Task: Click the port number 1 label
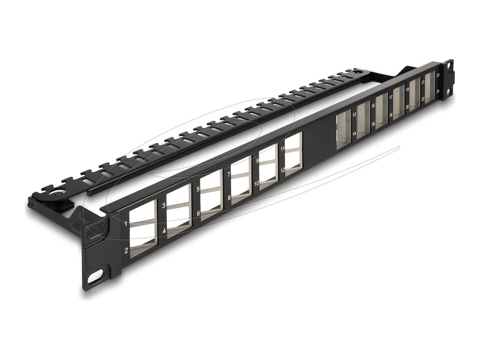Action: pyautogui.click(x=126, y=224)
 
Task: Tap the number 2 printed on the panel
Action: pyautogui.click(x=126, y=251)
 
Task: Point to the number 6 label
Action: pyautogui.click(x=198, y=214)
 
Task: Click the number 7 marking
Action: pyautogui.click(x=228, y=175)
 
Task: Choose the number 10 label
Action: pyautogui.click(x=256, y=183)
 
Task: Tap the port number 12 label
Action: pyautogui.click(x=282, y=170)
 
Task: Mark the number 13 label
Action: pyautogui.click(x=354, y=114)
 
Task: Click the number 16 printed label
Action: pyautogui.click(x=373, y=124)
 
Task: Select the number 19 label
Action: pyautogui.click(x=407, y=90)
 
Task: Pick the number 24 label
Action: pyautogui.click(x=438, y=92)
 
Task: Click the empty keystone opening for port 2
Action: pyautogui.click(x=142, y=237)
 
